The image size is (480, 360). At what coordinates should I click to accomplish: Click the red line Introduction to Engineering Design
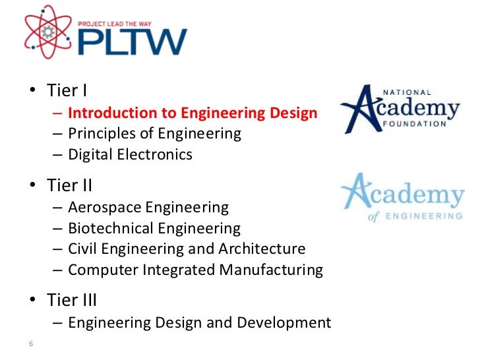pos(193,113)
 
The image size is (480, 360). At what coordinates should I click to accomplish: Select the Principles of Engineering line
pos(155,134)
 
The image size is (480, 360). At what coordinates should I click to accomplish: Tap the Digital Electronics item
pos(130,155)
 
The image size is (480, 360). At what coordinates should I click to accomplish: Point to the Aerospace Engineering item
pos(148,208)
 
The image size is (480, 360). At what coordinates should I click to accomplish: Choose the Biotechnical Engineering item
pos(154,229)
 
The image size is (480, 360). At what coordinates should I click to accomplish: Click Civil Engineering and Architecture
pos(187,249)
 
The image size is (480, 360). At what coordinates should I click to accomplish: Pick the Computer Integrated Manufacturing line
pos(195,270)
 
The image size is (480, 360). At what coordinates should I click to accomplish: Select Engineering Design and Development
pos(199,323)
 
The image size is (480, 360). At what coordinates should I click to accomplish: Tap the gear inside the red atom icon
pos(47,32)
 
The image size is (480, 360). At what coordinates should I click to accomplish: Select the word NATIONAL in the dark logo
pos(407,92)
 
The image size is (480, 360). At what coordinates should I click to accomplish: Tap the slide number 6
pos(31,344)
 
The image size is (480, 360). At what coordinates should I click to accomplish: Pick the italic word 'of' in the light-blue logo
pos(373,216)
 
